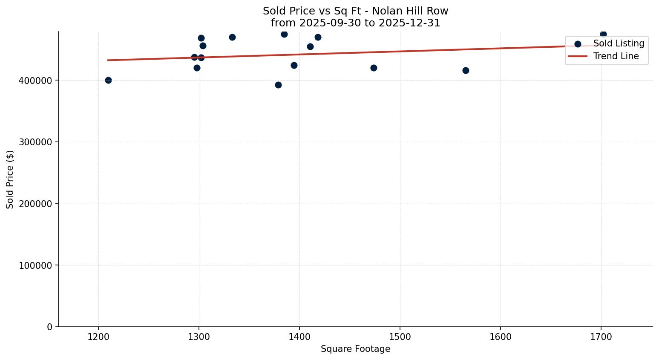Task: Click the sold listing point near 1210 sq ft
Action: click(108, 80)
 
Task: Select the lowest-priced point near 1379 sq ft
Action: click(278, 85)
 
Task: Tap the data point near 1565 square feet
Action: click(466, 70)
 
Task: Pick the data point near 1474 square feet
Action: click(374, 68)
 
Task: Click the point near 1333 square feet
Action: click(232, 37)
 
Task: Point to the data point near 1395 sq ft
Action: click(294, 65)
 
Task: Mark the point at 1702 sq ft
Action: click(603, 34)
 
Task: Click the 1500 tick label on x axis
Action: click(400, 337)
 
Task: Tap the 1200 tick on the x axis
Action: click(98, 337)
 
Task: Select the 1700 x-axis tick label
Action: click(601, 337)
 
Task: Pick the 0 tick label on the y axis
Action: click(50, 327)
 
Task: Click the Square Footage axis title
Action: click(355, 349)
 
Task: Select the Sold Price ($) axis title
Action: click(10, 179)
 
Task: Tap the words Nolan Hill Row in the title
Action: click(410, 11)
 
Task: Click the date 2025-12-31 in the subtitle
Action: click(409, 23)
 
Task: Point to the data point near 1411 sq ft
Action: click(310, 46)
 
